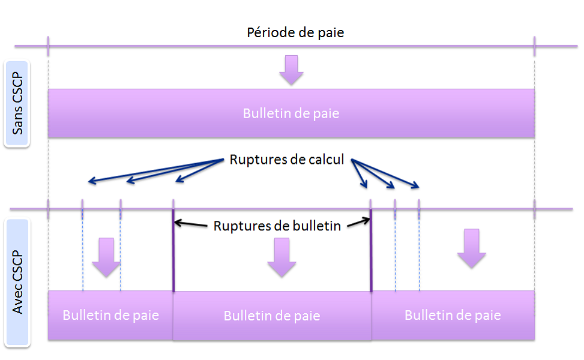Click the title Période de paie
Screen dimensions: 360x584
pyautogui.click(x=295, y=32)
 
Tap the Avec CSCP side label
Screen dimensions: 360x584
pyautogui.click(x=17, y=283)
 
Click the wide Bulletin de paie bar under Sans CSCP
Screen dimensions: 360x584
pyautogui.click(x=291, y=113)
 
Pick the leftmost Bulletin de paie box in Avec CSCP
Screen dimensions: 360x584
pyautogui.click(x=110, y=315)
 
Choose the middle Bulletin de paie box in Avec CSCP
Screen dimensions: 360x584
pyautogui.click(x=272, y=316)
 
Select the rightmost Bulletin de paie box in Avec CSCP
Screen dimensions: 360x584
pyautogui.click(x=453, y=315)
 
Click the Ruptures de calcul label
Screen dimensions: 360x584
pyautogui.click(x=287, y=161)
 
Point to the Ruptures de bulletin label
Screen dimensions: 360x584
pyautogui.click(x=277, y=226)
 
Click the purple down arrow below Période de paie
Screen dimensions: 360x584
pyautogui.click(x=292, y=69)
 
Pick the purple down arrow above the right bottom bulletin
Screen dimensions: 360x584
pyautogui.click(x=471, y=248)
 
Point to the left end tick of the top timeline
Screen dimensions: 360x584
pyautogui.click(x=48, y=45)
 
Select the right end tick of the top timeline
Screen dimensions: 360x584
pyautogui.click(x=534, y=45)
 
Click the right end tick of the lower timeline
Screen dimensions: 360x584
pyautogui.click(x=534, y=209)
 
